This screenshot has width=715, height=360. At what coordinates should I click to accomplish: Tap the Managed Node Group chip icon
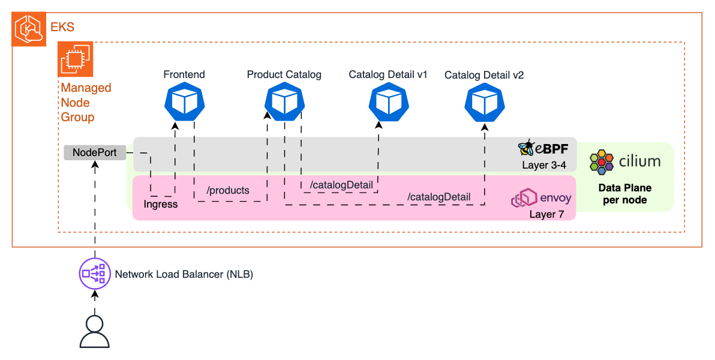coord(74,60)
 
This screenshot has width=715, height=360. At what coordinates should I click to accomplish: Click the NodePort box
coord(95,152)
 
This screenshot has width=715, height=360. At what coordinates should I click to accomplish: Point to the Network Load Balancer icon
coord(95,274)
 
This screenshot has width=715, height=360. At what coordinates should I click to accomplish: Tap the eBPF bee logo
coord(526,148)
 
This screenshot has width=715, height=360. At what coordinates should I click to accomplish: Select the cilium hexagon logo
coord(602,161)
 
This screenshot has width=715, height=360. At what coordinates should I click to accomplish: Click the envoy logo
coord(522,199)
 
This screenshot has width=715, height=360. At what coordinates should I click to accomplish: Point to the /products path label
coord(227,190)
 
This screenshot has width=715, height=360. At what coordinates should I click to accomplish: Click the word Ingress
coord(160,204)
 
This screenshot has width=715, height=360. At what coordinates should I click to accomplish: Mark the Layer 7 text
coord(546,214)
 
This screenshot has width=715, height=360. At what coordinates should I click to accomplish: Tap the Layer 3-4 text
coord(543,164)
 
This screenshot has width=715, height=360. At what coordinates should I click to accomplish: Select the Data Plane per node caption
coord(624,194)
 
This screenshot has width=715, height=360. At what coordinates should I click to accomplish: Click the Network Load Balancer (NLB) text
coord(184,274)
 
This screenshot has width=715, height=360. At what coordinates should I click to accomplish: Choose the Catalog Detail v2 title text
coord(484,76)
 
